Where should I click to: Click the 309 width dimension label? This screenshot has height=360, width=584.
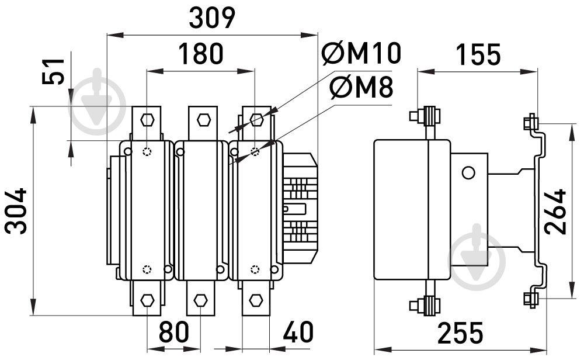[213, 18]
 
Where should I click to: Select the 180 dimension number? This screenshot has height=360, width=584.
[201, 53]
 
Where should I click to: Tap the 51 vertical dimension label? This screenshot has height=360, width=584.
[53, 71]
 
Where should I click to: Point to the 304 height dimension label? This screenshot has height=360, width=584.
[16, 211]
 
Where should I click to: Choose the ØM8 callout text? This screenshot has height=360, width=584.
[361, 88]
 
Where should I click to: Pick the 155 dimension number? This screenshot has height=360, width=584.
[478, 54]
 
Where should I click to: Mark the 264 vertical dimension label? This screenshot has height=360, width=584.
[555, 212]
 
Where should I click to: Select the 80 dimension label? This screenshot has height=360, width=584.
[174, 332]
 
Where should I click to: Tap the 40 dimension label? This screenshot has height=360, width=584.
[298, 332]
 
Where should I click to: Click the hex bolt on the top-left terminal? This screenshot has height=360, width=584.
[148, 120]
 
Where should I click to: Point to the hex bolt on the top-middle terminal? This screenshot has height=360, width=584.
[204, 120]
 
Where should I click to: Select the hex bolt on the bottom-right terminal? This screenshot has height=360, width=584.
[256, 300]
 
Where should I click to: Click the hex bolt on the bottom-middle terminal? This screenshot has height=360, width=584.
[201, 300]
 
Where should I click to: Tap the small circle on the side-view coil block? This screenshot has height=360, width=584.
[468, 172]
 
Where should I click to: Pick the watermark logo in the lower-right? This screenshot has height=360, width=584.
[477, 257]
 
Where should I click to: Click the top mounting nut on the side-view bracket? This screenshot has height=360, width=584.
[530, 122]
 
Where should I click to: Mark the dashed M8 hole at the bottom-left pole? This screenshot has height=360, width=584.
[148, 269]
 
